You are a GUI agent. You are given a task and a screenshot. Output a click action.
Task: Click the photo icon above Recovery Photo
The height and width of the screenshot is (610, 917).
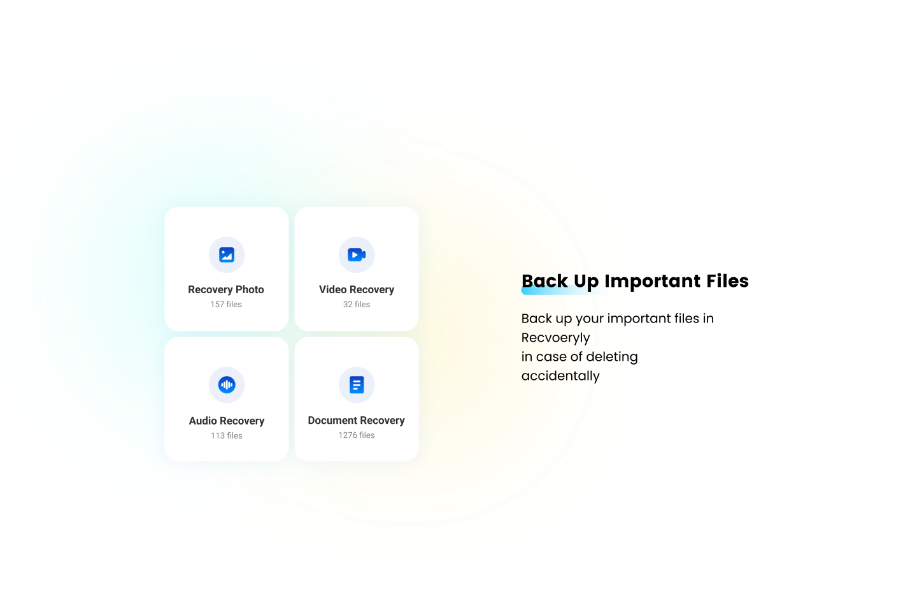click(227, 255)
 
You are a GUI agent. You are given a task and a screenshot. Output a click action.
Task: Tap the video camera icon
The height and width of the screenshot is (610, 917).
click(357, 255)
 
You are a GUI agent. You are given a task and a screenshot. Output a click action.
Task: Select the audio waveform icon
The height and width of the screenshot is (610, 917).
click(227, 385)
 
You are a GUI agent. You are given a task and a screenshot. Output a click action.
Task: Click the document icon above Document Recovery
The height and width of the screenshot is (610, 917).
click(357, 385)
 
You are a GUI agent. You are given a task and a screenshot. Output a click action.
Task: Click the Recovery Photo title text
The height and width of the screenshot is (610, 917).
click(226, 289)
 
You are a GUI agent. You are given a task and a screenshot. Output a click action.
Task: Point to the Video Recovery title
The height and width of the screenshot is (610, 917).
click(357, 289)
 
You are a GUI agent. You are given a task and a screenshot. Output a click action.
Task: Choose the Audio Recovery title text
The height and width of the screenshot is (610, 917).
click(227, 421)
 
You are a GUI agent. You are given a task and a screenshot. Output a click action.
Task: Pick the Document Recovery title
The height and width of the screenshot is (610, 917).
click(357, 421)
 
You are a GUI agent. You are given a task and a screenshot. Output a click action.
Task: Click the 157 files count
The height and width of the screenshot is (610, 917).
click(226, 305)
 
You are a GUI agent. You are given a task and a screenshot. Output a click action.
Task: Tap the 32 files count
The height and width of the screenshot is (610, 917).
click(357, 305)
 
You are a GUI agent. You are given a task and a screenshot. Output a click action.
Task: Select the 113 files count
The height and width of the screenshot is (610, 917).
click(227, 436)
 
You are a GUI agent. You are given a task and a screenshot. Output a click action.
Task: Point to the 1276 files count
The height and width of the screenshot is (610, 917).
click(357, 435)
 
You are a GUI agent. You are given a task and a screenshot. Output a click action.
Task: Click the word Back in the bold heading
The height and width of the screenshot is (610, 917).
click(544, 281)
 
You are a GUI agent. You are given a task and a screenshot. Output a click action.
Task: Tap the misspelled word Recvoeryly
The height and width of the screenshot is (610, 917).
click(555, 338)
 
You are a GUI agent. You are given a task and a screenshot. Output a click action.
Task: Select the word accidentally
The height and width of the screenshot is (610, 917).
click(560, 376)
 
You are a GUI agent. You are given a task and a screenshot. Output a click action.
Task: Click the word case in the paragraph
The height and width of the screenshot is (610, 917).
click(551, 357)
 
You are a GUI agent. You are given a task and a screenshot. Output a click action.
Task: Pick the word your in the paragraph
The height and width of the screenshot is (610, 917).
click(589, 319)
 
